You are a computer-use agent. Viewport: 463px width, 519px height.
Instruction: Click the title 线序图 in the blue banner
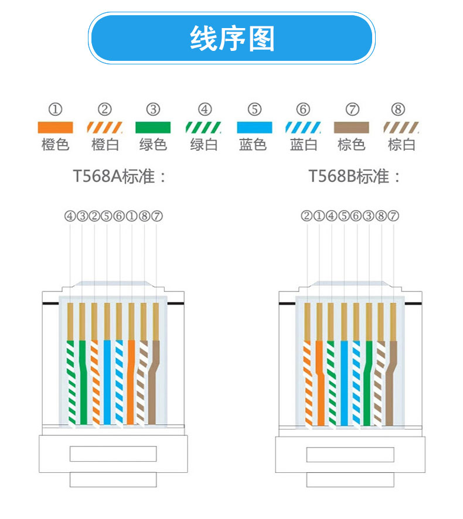tap(232, 39)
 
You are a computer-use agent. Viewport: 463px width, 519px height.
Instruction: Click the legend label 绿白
tap(203, 145)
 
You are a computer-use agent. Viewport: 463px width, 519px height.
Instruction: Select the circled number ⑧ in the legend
tap(398, 109)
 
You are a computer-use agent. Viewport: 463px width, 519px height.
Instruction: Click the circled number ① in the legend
tap(55, 109)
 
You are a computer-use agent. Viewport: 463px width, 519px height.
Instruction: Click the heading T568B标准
tap(355, 176)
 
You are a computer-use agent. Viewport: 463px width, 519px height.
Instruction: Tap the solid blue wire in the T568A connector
tap(107, 380)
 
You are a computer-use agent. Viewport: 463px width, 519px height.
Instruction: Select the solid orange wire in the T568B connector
tap(319, 380)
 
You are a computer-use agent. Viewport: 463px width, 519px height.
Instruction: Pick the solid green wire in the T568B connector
tap(368, 380)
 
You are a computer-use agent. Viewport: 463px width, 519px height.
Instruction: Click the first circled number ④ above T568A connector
tap(70, 216)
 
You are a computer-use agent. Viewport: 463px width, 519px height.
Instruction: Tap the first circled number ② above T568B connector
tap(307, 216)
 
